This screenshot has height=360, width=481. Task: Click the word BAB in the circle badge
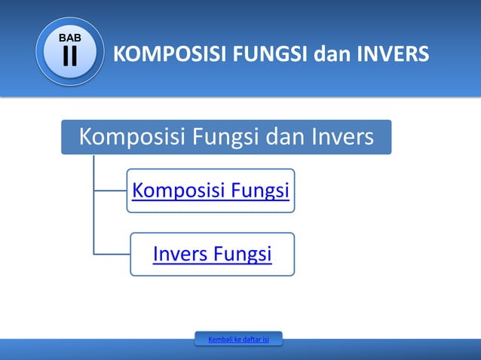click(70, 38)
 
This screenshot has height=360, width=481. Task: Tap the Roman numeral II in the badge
click(70, 56)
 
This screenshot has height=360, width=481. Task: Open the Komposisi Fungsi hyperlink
click(210, 191)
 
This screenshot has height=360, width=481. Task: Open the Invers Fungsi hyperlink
click(212, 255)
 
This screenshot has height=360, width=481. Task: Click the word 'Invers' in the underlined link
click(179, 255)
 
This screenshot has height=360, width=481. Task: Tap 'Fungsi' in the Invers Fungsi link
click(242, 255)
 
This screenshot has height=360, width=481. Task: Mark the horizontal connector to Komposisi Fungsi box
click(110, 191)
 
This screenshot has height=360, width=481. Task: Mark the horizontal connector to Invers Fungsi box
click(112, 254)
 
